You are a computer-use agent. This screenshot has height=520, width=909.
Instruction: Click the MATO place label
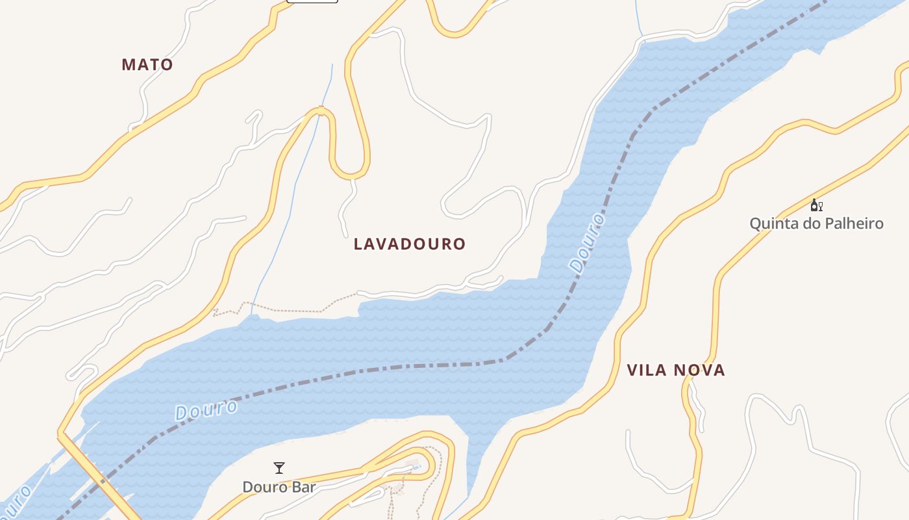[147, 64]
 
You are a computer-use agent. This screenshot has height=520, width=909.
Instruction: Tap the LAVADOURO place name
[410, 244]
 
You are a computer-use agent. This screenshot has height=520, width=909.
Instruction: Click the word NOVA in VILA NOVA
[700, 370]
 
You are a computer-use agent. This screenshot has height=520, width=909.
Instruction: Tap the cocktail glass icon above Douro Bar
[279, 467]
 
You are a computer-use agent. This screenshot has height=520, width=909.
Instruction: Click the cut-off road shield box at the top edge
[312, 1]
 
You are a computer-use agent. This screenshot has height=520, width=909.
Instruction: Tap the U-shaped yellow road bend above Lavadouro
[351, 173]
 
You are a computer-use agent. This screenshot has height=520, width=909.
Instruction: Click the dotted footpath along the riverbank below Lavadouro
[292, 309]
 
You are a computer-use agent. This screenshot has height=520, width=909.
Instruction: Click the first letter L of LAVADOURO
[358, 244]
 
